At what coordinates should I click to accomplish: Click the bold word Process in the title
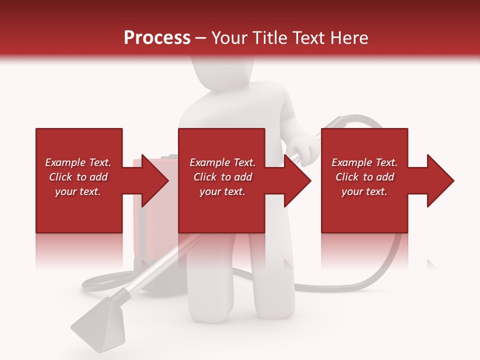157,37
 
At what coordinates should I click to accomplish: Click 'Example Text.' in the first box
78,162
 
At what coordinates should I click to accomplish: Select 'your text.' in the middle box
222,191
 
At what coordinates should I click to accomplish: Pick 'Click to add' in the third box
364,177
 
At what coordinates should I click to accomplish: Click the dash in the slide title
201,38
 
